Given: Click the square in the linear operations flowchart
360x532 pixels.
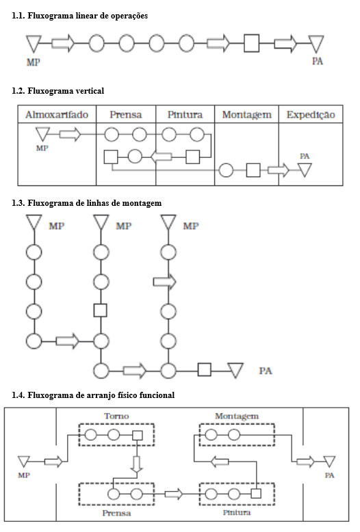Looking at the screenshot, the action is click(251, 44).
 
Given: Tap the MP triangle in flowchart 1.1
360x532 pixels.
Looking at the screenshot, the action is click(34, 43).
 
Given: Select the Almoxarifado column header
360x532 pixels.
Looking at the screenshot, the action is click(57, 115).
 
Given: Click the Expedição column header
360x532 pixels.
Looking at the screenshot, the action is click(311, 115).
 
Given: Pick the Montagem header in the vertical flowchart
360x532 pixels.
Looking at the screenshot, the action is click(247, 115).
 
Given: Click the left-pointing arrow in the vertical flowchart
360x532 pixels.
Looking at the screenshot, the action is click(161, 157).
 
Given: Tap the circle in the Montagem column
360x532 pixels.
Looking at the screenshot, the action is click(226, 170).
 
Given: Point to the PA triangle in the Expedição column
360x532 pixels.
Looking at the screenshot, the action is click(305, 170).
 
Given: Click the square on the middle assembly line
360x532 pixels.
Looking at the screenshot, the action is click(100, 310).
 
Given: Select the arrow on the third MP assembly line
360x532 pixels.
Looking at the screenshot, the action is click(165, 282).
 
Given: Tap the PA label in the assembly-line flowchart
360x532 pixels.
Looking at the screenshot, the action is click(266, 371).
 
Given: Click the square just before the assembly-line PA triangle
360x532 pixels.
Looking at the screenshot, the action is click(204, 370).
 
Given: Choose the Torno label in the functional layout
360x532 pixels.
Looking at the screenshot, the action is click(116, 416).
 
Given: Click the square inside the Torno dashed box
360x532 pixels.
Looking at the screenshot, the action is click(137, 436).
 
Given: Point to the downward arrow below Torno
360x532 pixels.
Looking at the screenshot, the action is click(137, 464).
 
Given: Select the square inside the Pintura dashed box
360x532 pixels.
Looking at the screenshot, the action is click(256, 493).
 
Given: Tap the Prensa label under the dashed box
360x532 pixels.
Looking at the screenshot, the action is click(116, 513).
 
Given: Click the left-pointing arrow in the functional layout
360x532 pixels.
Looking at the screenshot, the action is click(220, 462).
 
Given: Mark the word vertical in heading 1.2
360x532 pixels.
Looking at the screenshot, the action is click(90, 91).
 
